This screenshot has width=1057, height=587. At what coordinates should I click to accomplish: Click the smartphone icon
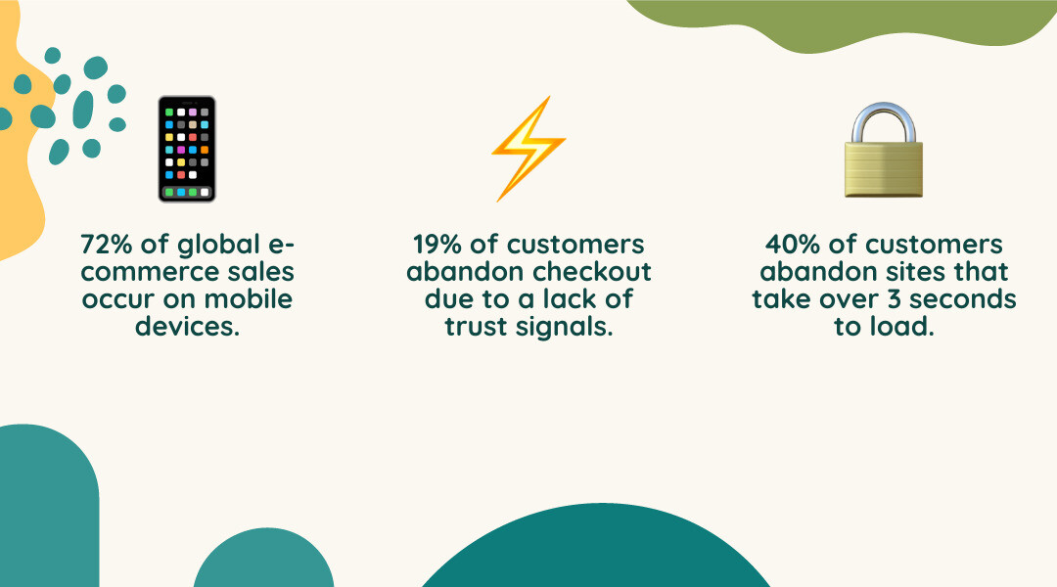coord(186,149)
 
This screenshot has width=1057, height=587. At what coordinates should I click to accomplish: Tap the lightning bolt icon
coord(528,149)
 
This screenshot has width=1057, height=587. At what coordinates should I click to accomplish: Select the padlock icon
coord(884,151)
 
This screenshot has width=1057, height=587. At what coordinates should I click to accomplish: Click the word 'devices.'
coord(187,326)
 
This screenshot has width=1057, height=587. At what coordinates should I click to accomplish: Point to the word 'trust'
coord(478,326)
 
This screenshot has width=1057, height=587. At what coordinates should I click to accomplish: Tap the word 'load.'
coord(901,326)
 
